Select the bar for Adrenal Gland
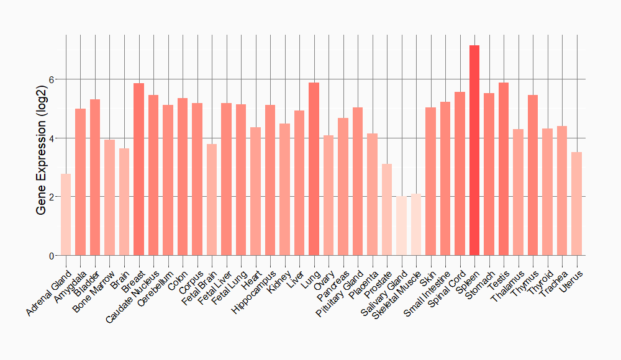[66, 215]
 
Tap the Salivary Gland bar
[401, 226]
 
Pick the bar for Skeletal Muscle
[416, 225]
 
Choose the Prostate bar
[387, 210]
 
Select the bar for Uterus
[576, 204]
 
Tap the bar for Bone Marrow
[109, 197]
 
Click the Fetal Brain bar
[212, 200]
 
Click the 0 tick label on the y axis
[53, 256]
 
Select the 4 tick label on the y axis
[53, 138]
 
